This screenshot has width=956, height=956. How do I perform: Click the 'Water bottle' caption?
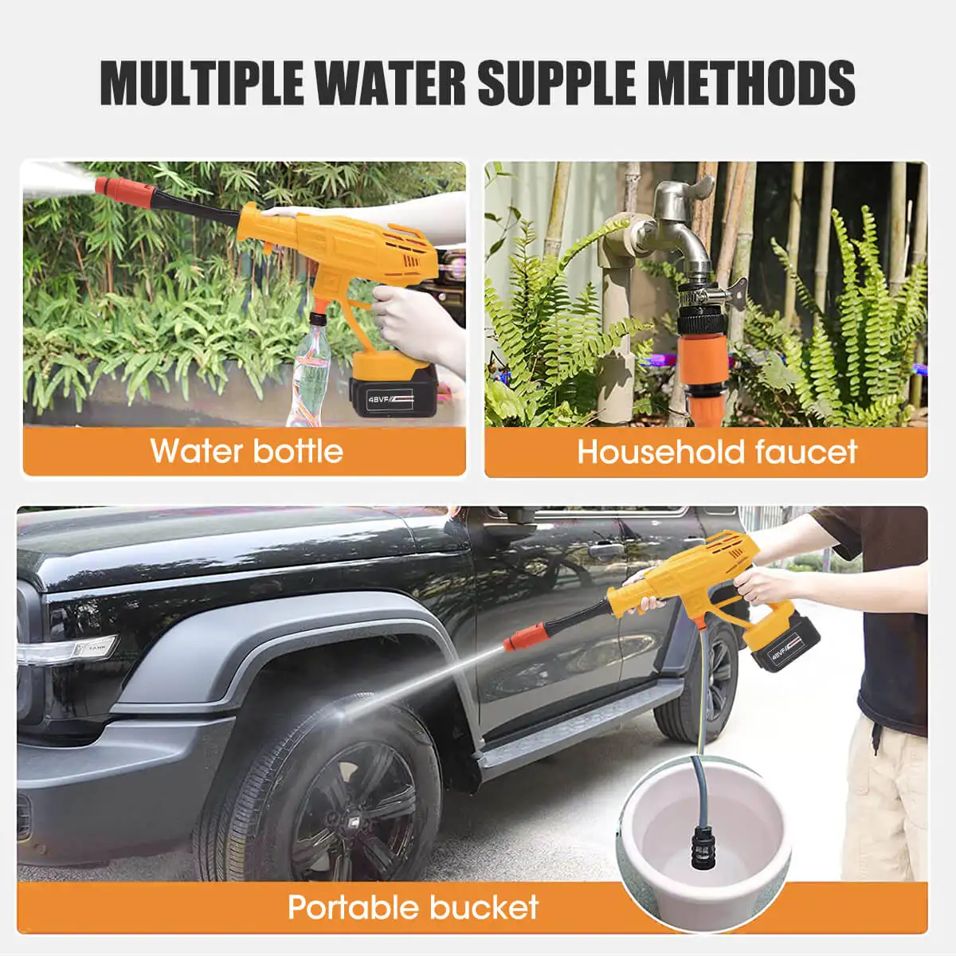tap(246, 451)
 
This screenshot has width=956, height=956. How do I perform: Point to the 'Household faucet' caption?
tap(716, 452)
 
